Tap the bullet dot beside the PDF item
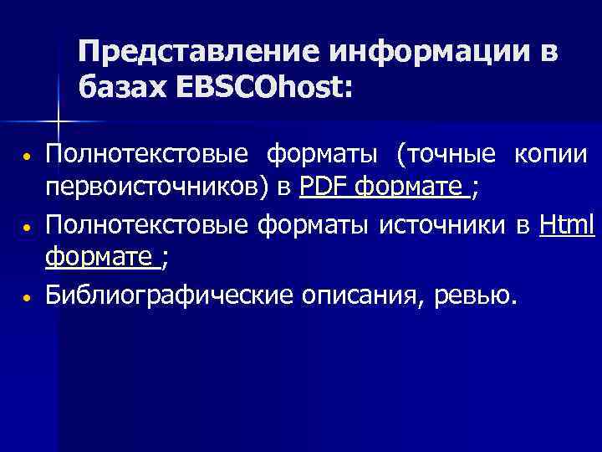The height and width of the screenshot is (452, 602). click(28, 157)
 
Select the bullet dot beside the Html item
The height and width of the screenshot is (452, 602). click(28, 227)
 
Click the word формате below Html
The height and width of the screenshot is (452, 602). click(100, 258)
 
